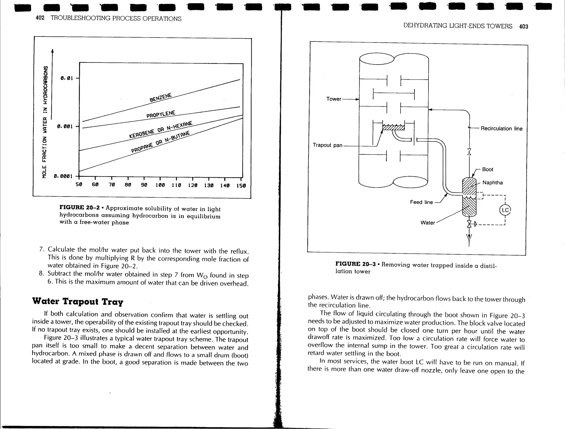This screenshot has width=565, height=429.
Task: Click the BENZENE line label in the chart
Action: (161, 97)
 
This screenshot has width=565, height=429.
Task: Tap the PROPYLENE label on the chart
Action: (161, 114)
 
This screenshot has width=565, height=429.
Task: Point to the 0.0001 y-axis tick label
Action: (63, 176)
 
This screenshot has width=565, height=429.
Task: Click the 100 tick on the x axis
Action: (160, 185)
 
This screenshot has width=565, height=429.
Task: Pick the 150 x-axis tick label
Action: (241, 186)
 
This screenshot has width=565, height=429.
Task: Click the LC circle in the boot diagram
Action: (505, 210)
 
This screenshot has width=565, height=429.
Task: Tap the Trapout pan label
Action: (327, 145)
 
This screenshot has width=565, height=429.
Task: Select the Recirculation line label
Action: (501, 128)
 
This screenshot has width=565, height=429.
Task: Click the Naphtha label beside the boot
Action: (492, 183)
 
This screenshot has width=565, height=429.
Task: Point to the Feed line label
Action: (421, 202)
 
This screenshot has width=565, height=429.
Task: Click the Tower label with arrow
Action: (334, 99)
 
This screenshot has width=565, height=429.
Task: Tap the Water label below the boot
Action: (427, 223)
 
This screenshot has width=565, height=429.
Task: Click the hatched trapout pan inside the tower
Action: (393, 127)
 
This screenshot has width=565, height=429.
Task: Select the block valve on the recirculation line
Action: (469, 152)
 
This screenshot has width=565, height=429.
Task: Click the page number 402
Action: (40, 18)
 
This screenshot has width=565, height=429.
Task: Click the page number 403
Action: (523, 26)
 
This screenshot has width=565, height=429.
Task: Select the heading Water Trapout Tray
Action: (78, 301)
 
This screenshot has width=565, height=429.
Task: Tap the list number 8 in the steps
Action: (41, 274)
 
